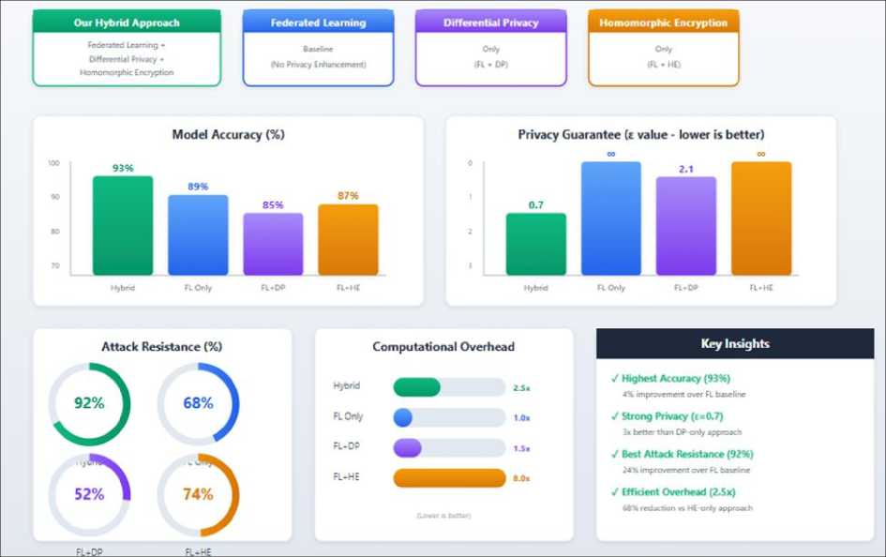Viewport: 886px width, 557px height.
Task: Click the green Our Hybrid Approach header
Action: click(x=127, y=23)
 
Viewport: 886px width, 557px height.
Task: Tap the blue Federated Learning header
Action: click(x=318, y=23)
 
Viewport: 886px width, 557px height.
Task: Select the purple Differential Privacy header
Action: click(x=490, y=23)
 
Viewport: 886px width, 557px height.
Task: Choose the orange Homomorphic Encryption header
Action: click(x=664, y=23)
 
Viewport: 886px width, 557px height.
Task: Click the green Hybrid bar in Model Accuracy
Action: click(x=123, y=225)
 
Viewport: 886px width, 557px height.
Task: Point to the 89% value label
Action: click(x=198, y=187)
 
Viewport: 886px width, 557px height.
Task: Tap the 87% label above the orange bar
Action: click(x=348, y=196)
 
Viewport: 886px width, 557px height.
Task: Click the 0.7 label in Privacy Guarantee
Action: click(x=536, y=204)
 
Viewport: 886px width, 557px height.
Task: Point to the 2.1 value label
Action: click(x=685, y=169)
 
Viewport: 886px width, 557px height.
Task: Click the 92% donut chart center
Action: click(x=89, y=403)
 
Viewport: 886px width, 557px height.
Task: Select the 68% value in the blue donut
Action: click(x=198, y=403)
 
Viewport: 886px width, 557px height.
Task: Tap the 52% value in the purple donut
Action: click(x=89, y=494)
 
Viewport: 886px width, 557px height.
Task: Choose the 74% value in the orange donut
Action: click(x=198, y=494)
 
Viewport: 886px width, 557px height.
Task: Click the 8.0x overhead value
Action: click(x=521, y=478)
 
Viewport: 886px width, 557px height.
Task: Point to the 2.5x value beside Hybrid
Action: click(x=521, y=387)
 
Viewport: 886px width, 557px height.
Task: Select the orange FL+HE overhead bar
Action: click(x=449, y=478)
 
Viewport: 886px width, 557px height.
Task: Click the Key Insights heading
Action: click(x=735, y=344)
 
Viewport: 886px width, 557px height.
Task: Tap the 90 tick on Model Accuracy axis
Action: click(x=54, y=197)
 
